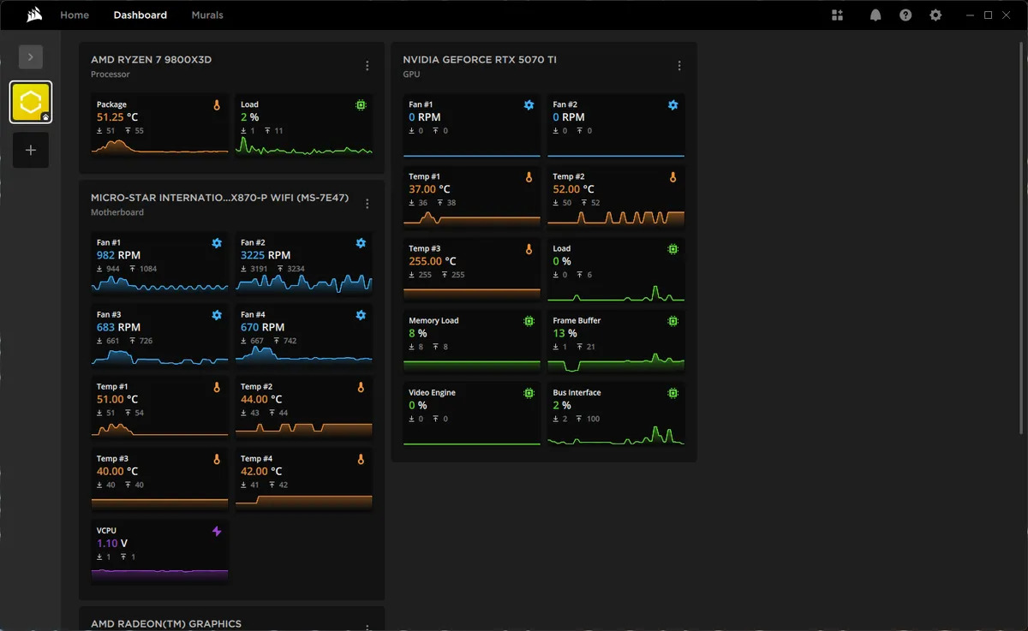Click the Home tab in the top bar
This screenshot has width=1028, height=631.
(75, 15)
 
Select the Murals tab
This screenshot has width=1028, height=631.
(207, 15)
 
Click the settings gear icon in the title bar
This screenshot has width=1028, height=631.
(935, 15)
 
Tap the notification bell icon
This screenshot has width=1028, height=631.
(876, 15)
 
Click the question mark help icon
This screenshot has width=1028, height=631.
(905, 15)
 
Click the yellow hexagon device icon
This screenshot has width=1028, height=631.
(31, 102)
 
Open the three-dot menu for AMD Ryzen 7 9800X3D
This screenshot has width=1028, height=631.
(368, 66)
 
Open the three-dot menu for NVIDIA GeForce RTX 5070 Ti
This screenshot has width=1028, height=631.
(679, 66)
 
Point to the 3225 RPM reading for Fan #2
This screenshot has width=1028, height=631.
(265, 255)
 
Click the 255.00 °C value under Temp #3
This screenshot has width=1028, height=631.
(432, 261)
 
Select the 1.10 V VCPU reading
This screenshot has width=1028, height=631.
(111, 544)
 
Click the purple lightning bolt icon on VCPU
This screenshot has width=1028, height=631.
(217, 532)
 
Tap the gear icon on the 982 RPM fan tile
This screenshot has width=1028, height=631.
(217, 243)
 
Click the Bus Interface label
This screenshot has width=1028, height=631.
(577, 393)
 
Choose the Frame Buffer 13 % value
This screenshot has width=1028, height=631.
(565, 333)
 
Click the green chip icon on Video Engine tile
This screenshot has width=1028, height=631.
(529, 393)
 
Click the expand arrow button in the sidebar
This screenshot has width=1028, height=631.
(31, 57)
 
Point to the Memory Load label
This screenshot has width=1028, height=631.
(433, 321)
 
